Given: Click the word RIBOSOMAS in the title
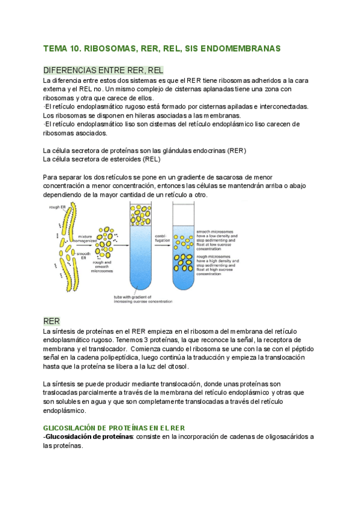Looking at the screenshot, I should (x=105, y=47).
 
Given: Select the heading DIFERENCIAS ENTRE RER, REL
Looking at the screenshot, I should (x=103, y=70).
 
